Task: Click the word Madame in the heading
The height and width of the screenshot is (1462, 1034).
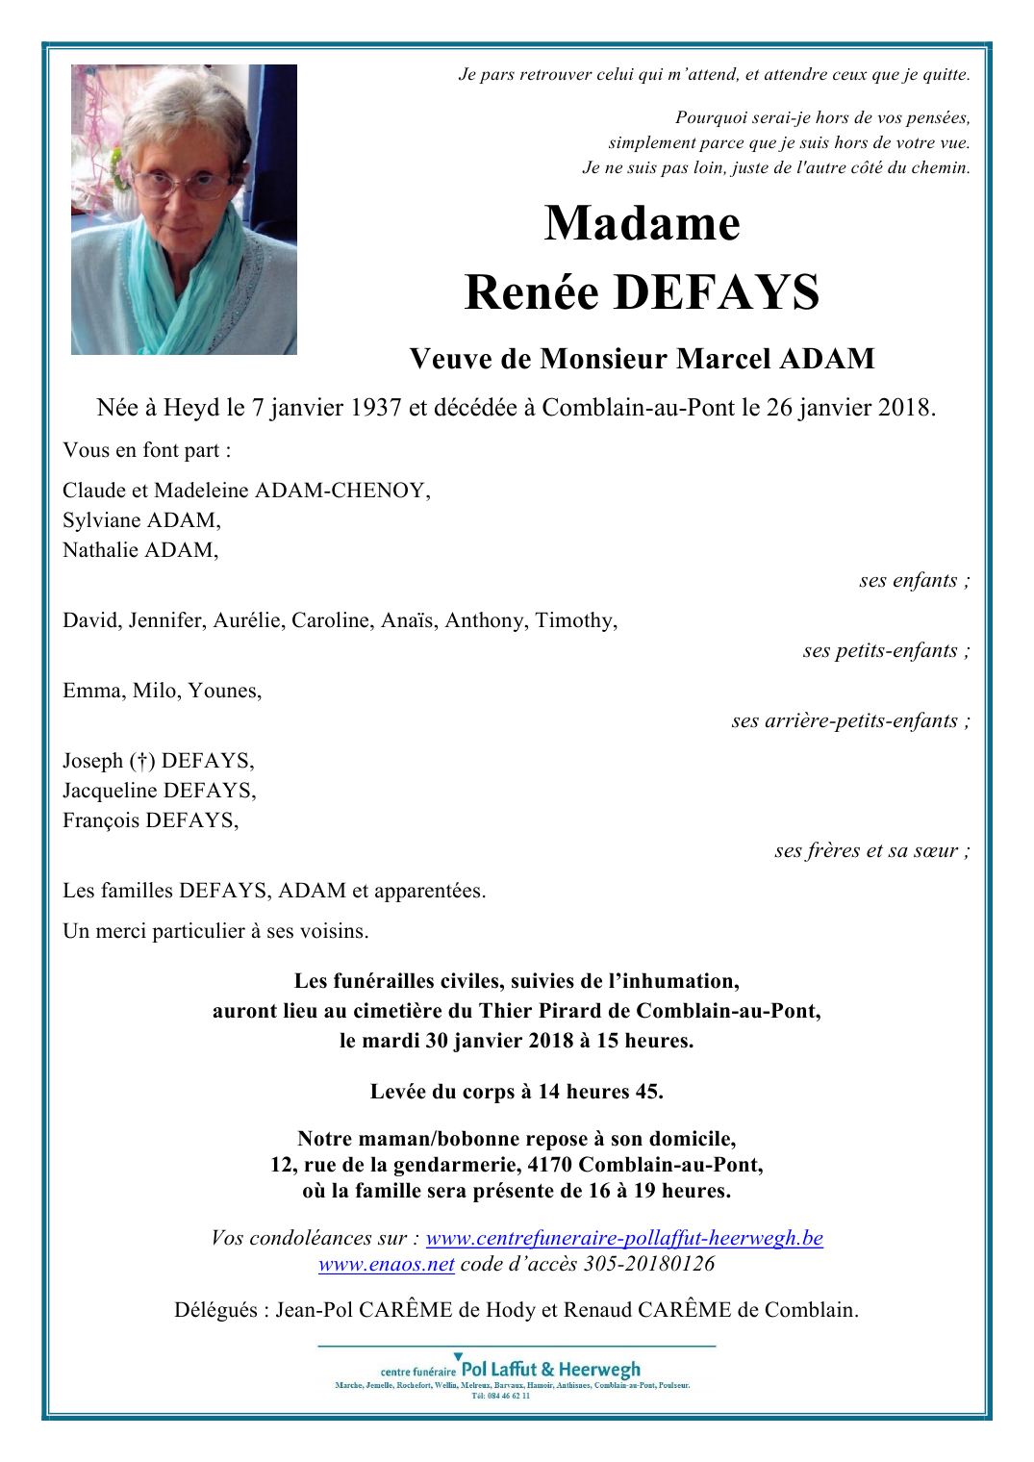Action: pyautogui.click(x=642, y=223)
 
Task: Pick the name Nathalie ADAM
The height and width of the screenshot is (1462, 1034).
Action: pyautogui.click(x=140, y=550)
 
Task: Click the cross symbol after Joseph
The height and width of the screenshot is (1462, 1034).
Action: pyautogui.click(x=142, y=761)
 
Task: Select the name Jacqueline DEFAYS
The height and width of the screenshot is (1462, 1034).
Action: pyautogui.click(x=159, y=791)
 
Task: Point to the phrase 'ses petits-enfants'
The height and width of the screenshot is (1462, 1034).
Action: pyautogui.click(x=880, y=651)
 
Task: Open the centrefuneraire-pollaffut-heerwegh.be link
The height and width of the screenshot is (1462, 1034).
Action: pyautogui.click(x=624, y=1238)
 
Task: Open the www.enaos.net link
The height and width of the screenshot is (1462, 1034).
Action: pyautogui.click(x=386, y=1264)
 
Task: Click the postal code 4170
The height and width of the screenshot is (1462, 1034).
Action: pyautogui.click(x=550, y=1165)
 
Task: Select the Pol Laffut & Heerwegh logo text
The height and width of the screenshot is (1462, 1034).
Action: pyautogui.click(x=550, y=1369)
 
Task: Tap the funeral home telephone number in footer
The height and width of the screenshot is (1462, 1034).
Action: pyautogui.click(x=500, y=1396)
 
